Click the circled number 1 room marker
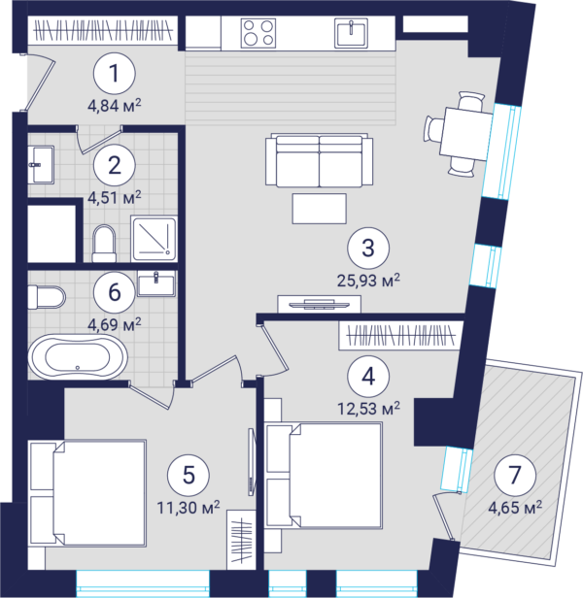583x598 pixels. pos(115,73)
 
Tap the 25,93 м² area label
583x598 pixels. pos(368,281)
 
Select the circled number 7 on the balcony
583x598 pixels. pos(515,475)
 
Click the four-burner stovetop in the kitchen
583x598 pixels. pos(258,32)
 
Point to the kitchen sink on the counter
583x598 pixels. pos(351,33)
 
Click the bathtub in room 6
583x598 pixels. pos(78,357)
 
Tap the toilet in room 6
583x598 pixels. pos(47,297)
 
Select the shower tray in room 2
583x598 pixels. pos(154,239)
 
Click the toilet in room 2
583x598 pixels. pos(104,244)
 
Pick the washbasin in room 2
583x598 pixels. pos(41,165)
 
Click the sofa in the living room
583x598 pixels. pos(319,160)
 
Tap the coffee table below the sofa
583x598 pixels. pos(319,209)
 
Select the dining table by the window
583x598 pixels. pos(465,134)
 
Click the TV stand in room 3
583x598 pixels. pos(319,304)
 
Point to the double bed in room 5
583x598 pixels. pos(87,494)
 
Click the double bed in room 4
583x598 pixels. pos(325,476)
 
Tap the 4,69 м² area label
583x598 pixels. pos(115,324)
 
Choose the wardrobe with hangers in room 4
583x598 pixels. pos(401,335)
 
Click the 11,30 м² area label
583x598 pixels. pos(189,508)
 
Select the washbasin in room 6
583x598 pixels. pos(156,283)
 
